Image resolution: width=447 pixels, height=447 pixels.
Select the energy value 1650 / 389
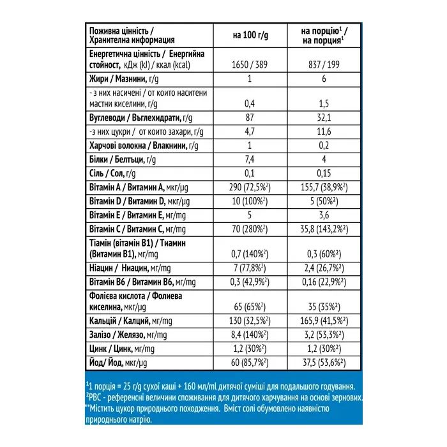coord(250,65)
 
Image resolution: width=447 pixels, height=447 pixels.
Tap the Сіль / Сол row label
coord(111,174)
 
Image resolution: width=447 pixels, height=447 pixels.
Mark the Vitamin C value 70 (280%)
coord(250,228)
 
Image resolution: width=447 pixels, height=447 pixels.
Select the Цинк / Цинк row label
coord(117,349)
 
